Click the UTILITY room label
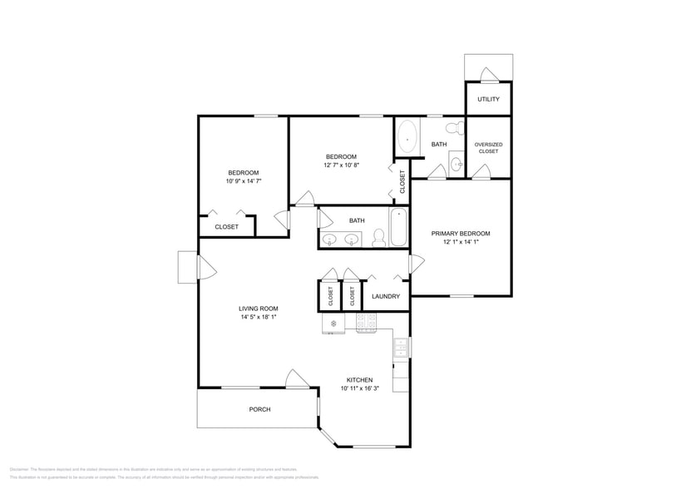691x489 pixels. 488,100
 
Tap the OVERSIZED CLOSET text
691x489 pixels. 488,148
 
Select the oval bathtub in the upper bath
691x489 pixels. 407,138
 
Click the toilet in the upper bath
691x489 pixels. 453,128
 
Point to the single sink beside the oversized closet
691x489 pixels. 457,165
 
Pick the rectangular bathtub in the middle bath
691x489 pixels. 398,227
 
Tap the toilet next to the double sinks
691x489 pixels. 378,239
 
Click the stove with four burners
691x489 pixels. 367,322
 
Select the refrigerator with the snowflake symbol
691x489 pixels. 333,323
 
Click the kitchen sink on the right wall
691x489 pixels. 401,348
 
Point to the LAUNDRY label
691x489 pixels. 386,296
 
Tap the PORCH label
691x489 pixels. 259,409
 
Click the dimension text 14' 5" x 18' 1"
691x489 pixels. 259,317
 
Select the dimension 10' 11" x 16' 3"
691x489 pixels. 360,388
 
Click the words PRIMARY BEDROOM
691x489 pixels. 460,234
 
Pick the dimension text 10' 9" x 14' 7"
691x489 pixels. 243,180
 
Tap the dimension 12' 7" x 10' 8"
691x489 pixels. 341,165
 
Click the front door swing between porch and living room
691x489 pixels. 296,379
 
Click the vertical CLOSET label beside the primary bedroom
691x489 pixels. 402,182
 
